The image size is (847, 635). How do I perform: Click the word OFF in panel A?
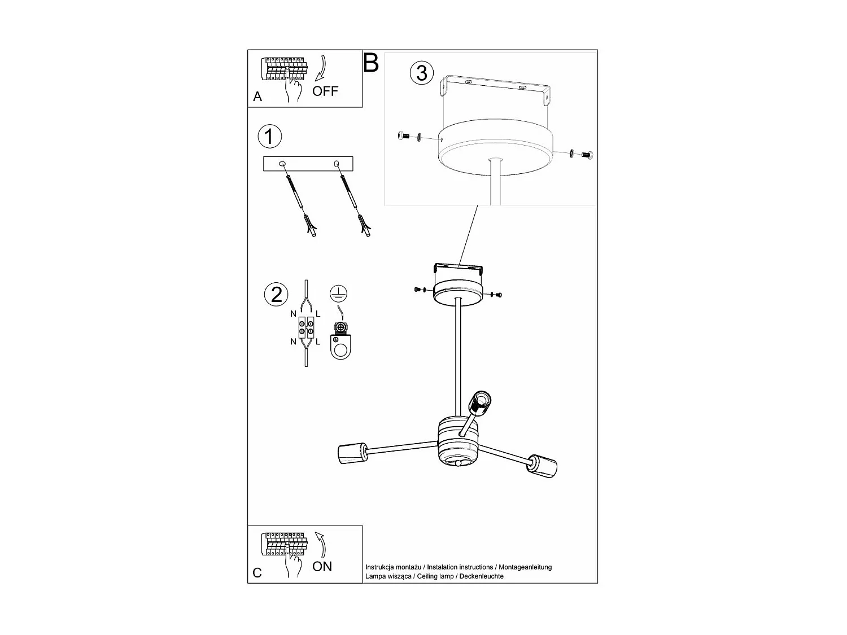pos(325,91)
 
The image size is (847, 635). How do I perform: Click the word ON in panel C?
pos(322,566)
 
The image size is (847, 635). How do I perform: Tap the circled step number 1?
pos(270,136)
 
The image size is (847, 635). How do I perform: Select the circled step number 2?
pos(276,295)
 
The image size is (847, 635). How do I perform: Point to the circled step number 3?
pos(422,73)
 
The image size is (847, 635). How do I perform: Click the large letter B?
pos(371,63)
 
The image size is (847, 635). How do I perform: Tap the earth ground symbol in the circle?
pos(338,294)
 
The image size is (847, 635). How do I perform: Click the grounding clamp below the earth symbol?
pos(340,341)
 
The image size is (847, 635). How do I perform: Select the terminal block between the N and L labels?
pos(305,327)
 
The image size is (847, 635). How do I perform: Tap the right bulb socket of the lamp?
pos(543,467)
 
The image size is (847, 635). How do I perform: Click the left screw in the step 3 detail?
pos(403,135)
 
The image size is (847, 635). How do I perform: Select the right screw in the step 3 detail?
pos(587,155)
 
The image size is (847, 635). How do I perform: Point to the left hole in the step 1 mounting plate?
pos(282,164)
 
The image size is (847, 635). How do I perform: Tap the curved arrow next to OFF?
pos(322,68)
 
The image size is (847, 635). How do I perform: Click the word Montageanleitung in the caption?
pos(525,567)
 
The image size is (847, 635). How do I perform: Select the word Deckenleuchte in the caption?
pos(481,576)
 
